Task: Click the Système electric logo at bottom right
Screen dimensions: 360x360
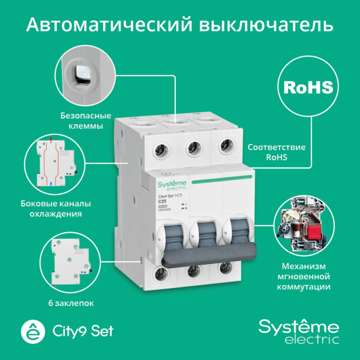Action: [x=298, y=331]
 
